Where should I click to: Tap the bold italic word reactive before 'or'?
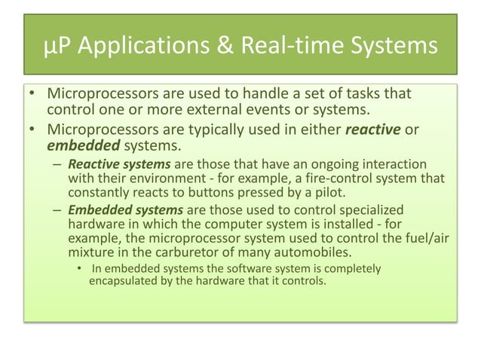click(372, 130)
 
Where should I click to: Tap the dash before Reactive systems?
click(57, 164)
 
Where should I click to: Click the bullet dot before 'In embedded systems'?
click(78, 269)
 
